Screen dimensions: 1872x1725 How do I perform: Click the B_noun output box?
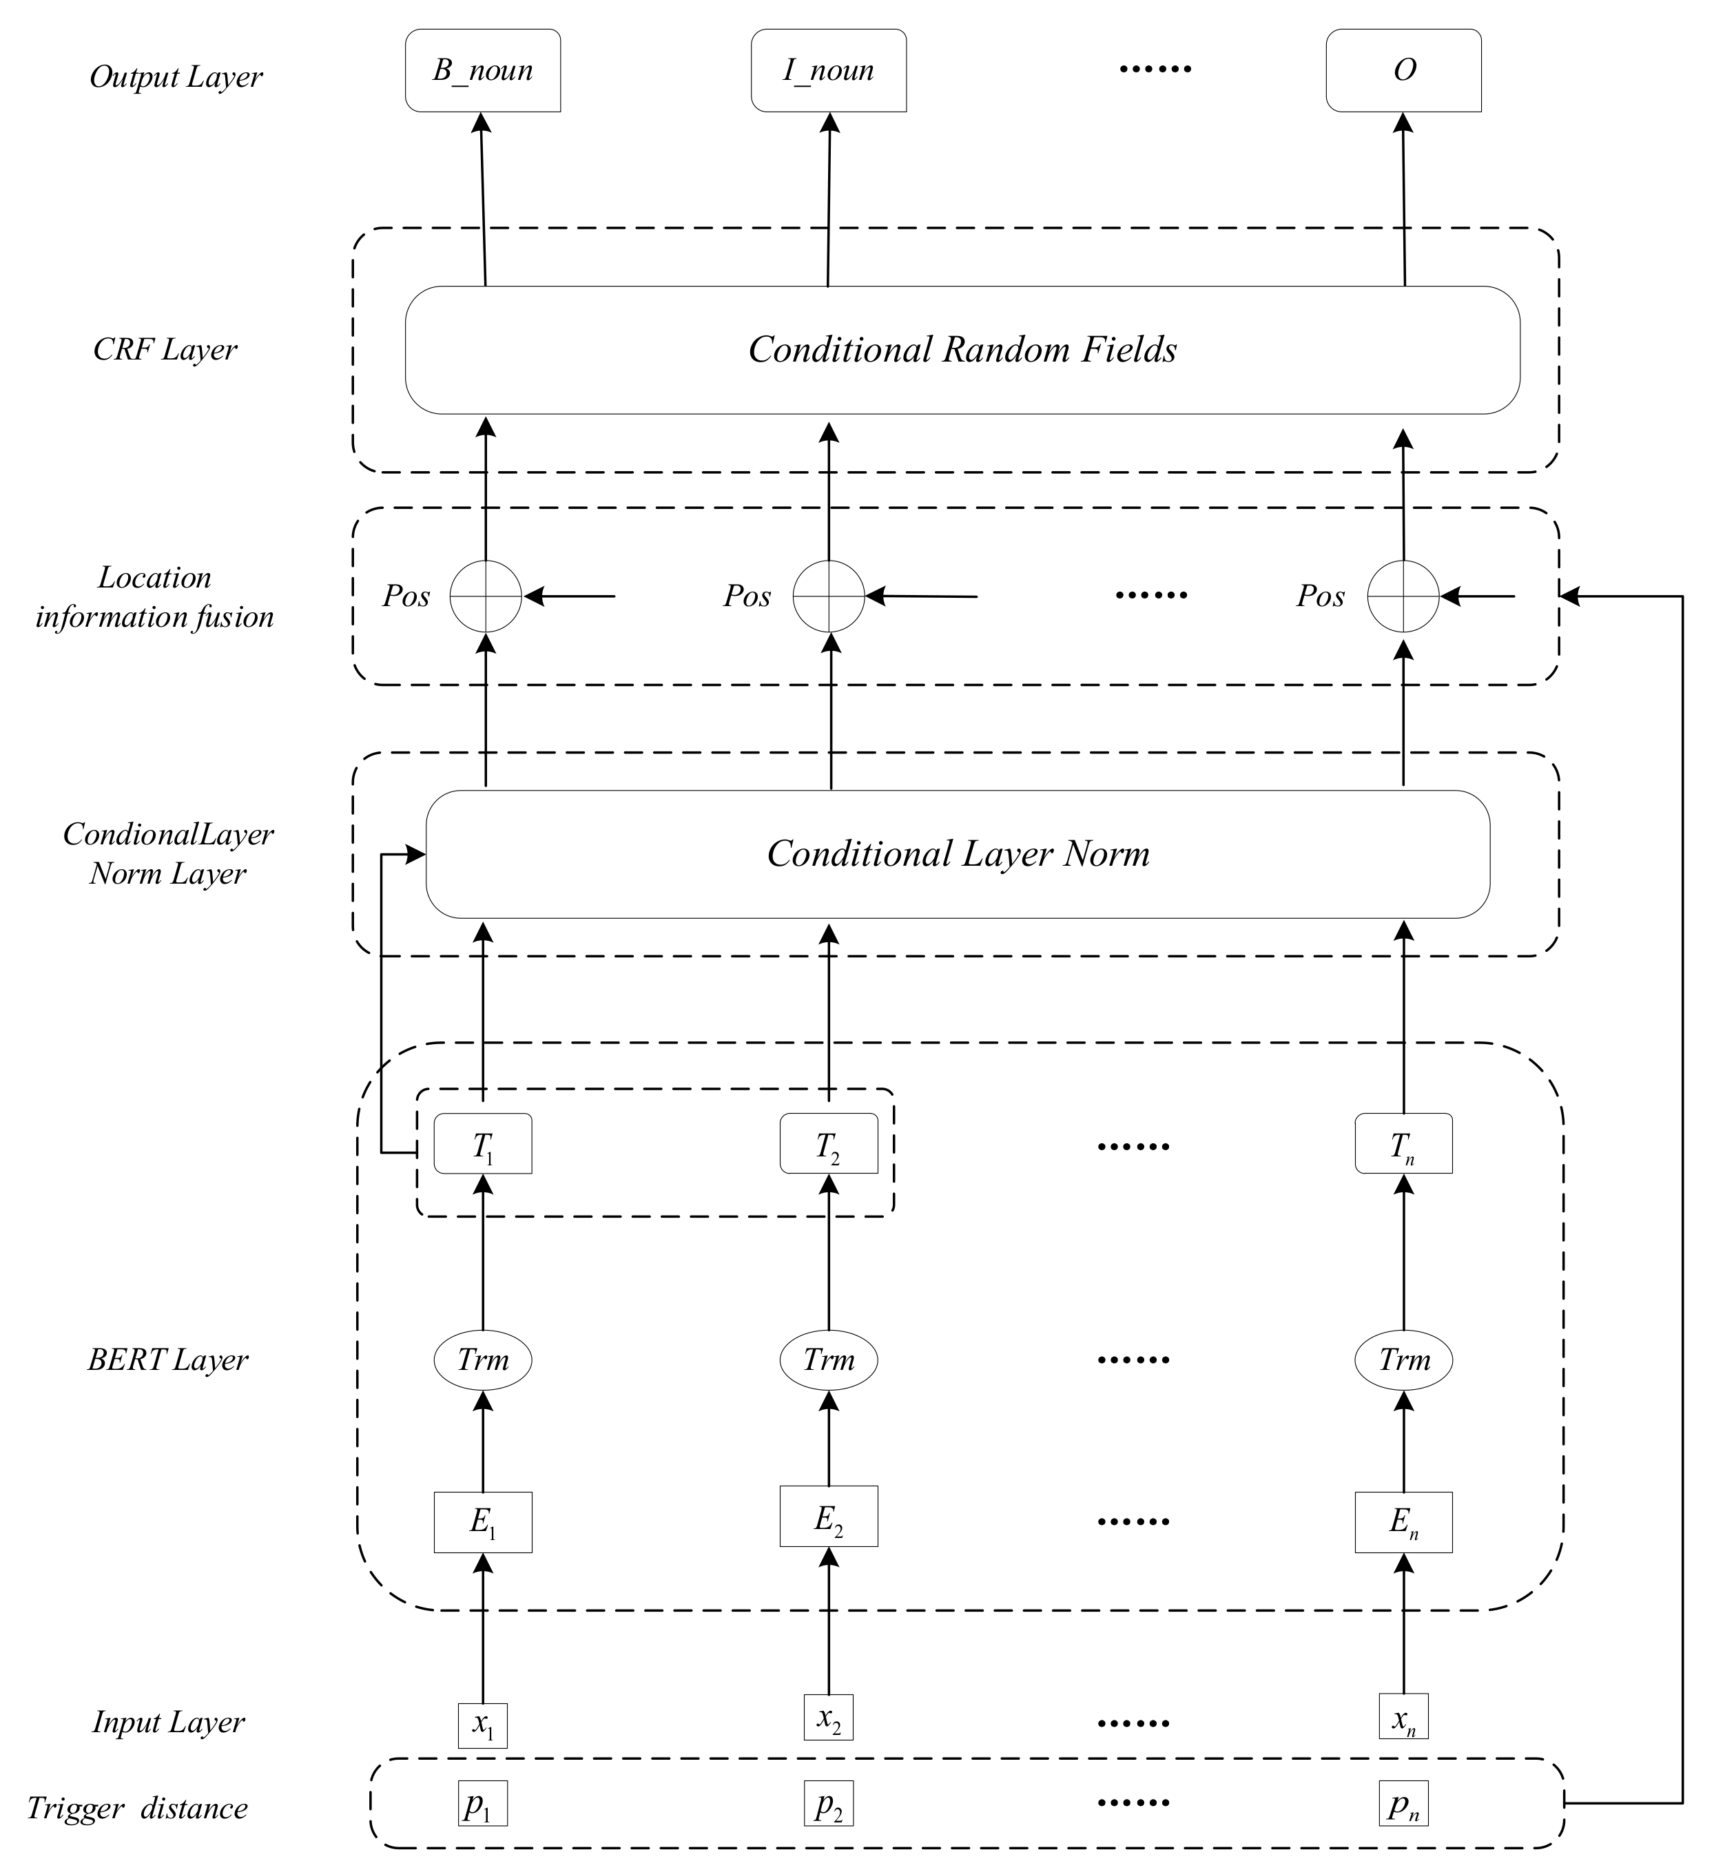pyautogui.click(x=483, y=71)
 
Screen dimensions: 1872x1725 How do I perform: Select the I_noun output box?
pyautogui.click(x=828, y=71)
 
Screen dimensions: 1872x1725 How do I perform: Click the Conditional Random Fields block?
pyautogui.click(x=962, y=350)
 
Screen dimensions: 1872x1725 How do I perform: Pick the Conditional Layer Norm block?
pyautogui.click(x=958, y=854)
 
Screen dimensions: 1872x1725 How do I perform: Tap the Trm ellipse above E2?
pyautogui.click(x=828, y=1360)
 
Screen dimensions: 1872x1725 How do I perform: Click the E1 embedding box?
pyautogui.click(x=483, y=1522)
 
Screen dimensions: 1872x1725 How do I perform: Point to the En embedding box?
pyautogui.click(x=1403, y=1522)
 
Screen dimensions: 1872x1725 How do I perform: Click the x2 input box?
pyautogui.click(x=828, y=1717)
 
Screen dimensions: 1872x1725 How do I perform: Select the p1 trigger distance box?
pyautogui.click(x=483, y=1804)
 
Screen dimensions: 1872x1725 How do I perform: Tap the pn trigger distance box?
pyautogui.click(x=1403, y=1804)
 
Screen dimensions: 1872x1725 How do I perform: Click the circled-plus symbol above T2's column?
pyautogui.click(x=828, y=596)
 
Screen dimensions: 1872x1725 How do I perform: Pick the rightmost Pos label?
pyautogui.click(x=1320, y=596)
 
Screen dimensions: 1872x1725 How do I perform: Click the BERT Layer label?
pyautogui.click(x=168, y=1360)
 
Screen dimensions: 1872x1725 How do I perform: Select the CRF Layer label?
pyautogui.click(x=165, y=350)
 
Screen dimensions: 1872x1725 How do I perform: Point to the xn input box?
pyautogui.click(x=1403, y=1717)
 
